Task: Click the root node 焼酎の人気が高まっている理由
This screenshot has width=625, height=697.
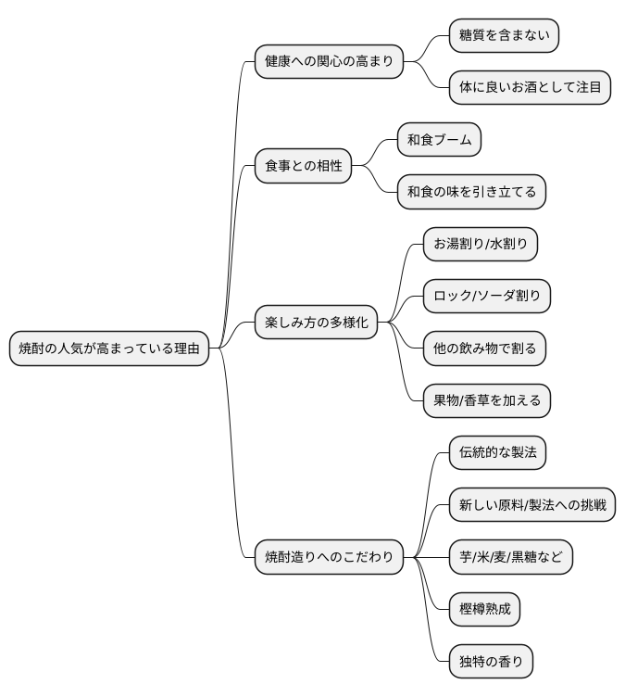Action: (x=109, y=348)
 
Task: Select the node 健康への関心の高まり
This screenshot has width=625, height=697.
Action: (x=329, y=62)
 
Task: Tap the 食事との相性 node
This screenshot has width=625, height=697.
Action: (x=304, y=166)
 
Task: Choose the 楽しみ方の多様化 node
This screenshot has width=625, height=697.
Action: (x=317, y=323)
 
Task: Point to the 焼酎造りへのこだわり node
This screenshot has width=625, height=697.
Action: (x=329, y=557)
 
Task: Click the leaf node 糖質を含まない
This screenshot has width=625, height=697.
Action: (x=504, y=36)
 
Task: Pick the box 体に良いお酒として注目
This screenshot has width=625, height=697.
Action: (x=530, y=88)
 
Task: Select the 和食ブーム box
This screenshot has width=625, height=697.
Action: (x=439, y=140)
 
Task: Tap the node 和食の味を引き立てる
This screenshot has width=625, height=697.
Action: (x=471, y=192)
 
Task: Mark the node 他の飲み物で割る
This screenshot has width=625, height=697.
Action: (x=484, y=348)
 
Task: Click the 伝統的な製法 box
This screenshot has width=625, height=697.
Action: (x=496, y=453)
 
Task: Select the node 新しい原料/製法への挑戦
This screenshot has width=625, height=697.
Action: (x=531, y=505)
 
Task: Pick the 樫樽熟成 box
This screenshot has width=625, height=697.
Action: (x=483, y=609)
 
